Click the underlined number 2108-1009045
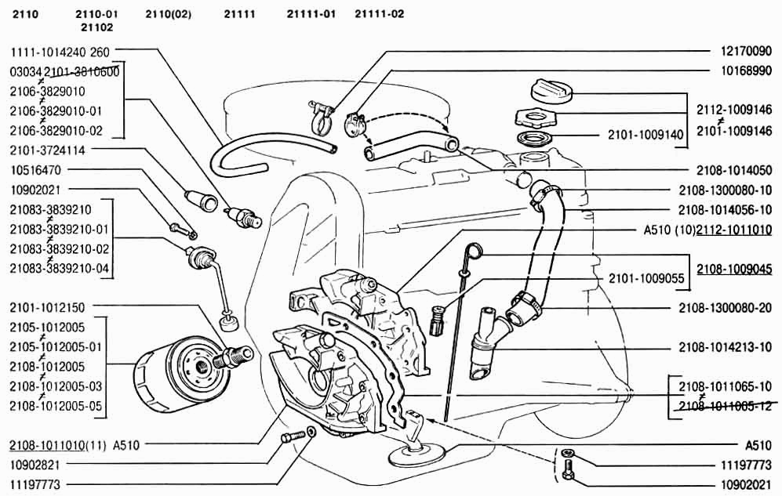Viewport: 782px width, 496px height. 733,269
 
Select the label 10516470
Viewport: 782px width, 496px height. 35,169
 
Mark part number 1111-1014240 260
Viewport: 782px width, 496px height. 60,52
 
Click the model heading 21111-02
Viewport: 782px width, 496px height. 380,13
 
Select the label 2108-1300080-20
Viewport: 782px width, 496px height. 725,308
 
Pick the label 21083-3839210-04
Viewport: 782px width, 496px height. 59,269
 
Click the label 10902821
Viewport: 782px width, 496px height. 35,465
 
